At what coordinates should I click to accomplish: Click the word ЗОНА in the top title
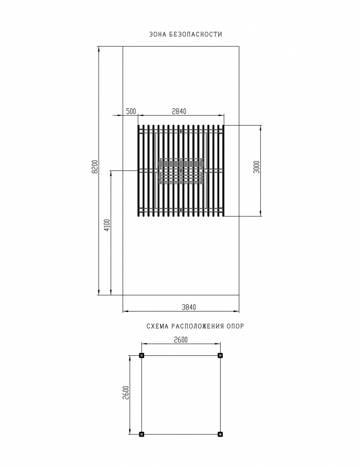coord(158,34)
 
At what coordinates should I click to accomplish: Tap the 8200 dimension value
coord(95,167)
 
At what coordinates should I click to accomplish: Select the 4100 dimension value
coord(107,225)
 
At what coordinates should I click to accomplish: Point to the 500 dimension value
coord(131,112)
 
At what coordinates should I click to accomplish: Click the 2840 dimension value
coord(179,112)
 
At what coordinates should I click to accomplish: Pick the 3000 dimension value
coord(257,167)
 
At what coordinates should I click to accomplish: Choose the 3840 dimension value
coord(189,307)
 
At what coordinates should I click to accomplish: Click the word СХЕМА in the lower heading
coord(157,326)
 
